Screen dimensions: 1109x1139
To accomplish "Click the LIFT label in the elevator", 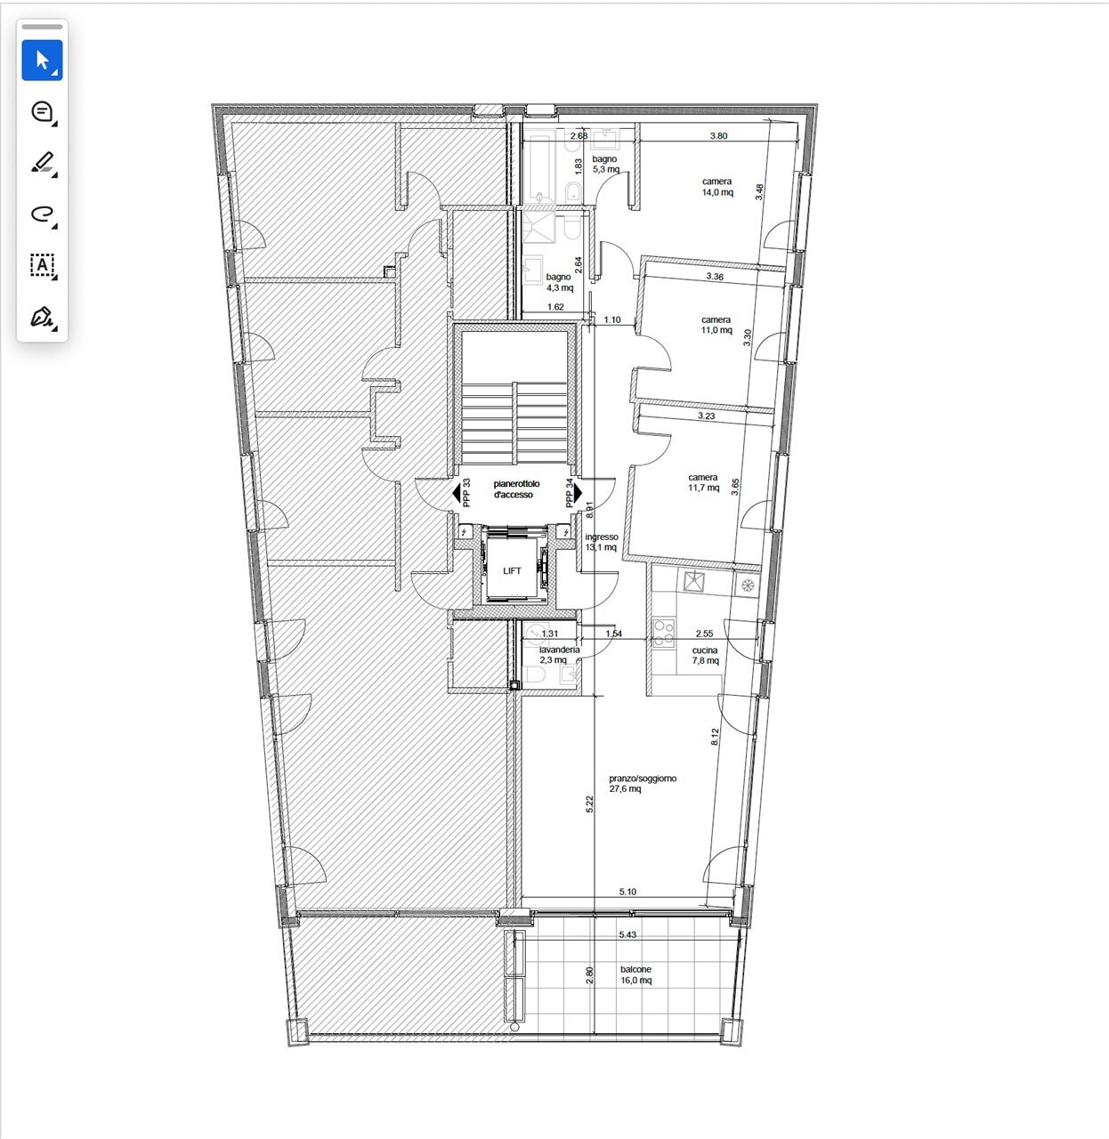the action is pos(512,570).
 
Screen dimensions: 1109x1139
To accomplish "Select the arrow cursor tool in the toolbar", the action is pos(42,61).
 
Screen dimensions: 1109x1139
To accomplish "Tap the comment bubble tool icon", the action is pos(42,111).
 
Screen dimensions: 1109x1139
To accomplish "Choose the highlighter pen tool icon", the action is pos(42,163).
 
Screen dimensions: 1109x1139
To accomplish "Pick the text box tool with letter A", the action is pos(42,266).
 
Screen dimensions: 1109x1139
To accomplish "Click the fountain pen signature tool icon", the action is pos(42,317).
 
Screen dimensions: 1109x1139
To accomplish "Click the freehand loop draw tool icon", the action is pos(42,214).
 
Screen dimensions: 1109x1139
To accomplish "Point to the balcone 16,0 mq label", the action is pos(635,974).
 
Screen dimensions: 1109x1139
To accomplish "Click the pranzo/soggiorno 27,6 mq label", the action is pos(643,783).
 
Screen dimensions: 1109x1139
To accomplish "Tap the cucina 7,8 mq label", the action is pos(705,655).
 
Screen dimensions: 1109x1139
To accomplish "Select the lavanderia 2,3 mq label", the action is pos(559,654).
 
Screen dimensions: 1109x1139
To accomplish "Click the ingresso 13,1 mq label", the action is pos(602,542).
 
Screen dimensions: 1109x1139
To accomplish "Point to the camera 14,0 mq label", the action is pos(717,187).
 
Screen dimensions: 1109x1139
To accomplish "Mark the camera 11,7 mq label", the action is pos(703,482).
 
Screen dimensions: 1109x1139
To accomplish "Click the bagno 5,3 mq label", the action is pos(605,164).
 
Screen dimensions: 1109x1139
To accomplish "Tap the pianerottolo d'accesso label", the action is pos(516,489).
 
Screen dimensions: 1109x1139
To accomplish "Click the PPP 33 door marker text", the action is pos(466,492).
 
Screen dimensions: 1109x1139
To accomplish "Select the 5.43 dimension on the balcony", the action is pos(627,934).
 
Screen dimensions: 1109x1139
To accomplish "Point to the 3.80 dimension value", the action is pos(718,136).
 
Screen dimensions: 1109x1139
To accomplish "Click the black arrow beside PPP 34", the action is pos(579,493).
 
